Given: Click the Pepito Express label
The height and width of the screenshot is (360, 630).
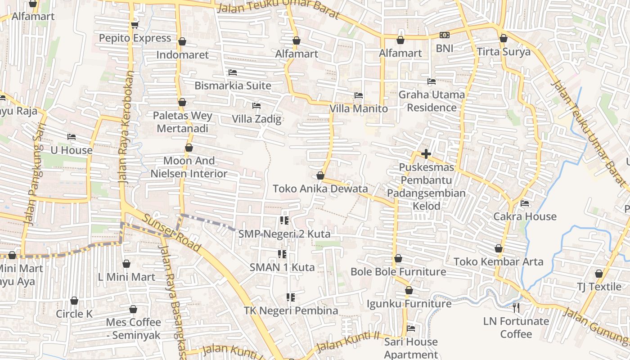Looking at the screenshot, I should (x=135, y=38).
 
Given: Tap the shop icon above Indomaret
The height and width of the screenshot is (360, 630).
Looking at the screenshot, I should (x=182, y=41).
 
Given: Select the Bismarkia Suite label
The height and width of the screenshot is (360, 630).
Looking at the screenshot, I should (x=233, y=85).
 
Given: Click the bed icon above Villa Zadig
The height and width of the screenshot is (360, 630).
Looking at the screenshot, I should (x=256, y=106).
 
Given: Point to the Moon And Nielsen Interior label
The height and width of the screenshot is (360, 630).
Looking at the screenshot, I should (x=189, y=167).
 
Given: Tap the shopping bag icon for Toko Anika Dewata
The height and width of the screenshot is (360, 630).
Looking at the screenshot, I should (x=320, y=175).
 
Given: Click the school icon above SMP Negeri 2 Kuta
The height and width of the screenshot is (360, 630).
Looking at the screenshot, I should (x=284, y=220).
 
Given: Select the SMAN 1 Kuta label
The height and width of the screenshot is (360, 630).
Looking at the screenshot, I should (x=282, y=267).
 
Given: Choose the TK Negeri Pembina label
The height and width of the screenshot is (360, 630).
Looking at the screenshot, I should (x=291, y=310).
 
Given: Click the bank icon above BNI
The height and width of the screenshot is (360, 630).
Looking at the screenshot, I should (x=444, y=35).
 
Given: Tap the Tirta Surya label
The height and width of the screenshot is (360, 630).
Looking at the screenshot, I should (x=504, y=52).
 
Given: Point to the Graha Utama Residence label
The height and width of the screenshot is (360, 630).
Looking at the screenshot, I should (x=432, y=101).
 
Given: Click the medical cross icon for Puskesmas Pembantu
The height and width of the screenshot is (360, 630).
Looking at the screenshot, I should (x=426, y=154).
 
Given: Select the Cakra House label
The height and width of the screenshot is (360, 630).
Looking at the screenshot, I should (x=525, y=216).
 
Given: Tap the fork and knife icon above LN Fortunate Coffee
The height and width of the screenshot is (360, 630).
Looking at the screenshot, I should (x=516, y=308).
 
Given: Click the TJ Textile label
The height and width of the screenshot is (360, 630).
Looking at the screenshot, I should (x=599, y=287).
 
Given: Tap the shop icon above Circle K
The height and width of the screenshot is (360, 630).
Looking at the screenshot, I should (x=74, y=301).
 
